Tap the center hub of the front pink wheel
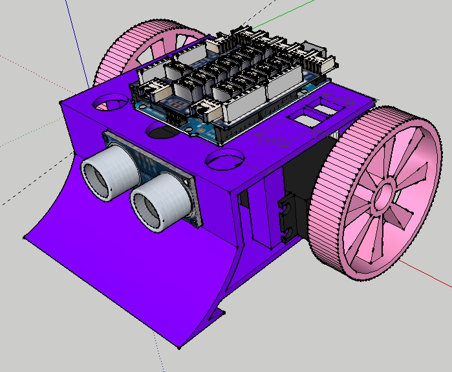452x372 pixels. [x=383, y=192]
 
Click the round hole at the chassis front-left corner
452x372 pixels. [x=110, y=102]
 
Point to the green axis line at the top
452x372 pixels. [x=272, y=23]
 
